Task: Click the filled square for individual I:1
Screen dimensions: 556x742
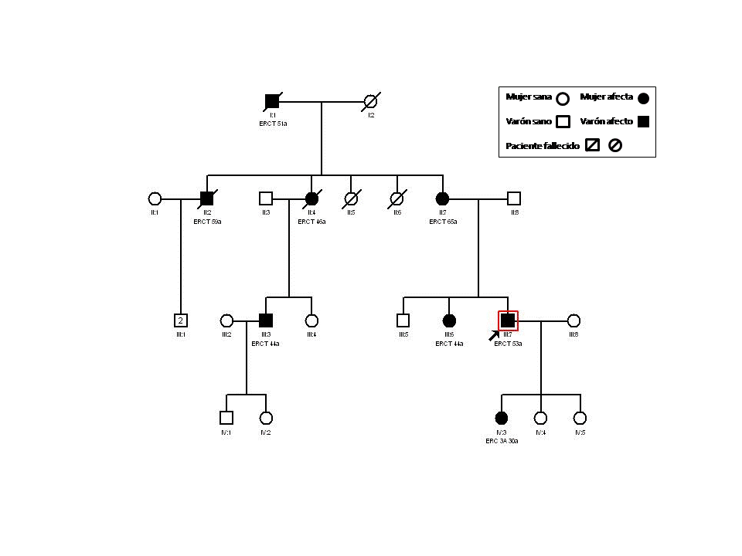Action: (272, 101)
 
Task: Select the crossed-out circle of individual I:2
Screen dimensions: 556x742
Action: (371, 101)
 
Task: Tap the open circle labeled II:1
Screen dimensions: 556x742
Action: (155, 198)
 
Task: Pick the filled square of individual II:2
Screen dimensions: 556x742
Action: (206, 198)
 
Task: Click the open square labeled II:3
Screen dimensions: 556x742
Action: (266, 198)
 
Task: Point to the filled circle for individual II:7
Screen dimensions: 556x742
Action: (443, 198)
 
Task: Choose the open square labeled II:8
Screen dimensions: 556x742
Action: (514, 198)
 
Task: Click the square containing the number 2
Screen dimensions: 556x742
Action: (181, 320)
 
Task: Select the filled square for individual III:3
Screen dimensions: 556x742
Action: (266, 320)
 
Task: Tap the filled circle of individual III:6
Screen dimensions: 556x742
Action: (449, 320)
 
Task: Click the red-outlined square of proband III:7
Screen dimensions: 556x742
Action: (508, 320)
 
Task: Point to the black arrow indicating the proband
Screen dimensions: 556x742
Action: (494, 335)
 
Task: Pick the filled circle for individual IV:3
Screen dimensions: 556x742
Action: (502, 418)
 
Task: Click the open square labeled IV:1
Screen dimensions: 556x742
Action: (226, 418)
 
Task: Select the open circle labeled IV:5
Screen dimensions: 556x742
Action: (580, 418)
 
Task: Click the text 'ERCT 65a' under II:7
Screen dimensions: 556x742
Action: (443, 222)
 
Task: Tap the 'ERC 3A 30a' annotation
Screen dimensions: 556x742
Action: (502, 441)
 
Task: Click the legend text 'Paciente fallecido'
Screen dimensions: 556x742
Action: (543, 146)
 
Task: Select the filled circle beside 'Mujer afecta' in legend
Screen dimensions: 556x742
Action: (643, 98)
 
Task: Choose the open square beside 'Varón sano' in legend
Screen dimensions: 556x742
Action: (563, 122)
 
